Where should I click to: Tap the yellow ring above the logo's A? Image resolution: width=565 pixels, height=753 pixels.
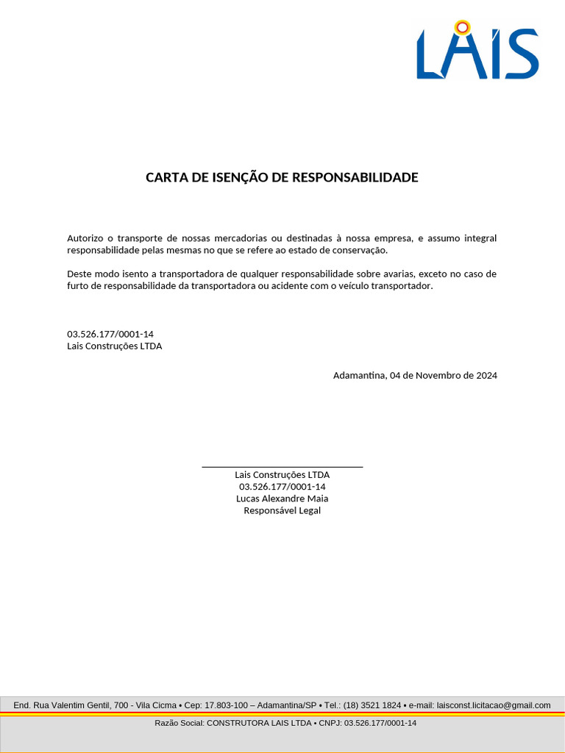pyautogui.click(x=462, y=28)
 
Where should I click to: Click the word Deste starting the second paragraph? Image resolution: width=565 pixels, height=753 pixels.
pyautogui.click(x=79, y=274)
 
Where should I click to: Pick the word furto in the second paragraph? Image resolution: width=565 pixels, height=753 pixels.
pyautogui.click(x=78, y=285)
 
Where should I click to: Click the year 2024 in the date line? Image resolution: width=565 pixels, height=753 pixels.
pyautogui.click(x=486, y=375)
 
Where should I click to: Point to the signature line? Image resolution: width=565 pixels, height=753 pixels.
pyautogui.click(x=282, y=466)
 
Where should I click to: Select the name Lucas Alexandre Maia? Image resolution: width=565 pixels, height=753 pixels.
pyautogui.click(x=282, y=499)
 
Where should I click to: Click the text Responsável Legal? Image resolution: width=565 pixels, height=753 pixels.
pyautogui.click(x=282, y=510)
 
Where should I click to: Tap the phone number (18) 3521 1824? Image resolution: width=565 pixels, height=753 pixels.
pyautogui.click(x=372, y=705)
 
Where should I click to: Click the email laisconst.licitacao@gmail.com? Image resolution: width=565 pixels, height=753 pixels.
pyautogui.click(x=494, y=705)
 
